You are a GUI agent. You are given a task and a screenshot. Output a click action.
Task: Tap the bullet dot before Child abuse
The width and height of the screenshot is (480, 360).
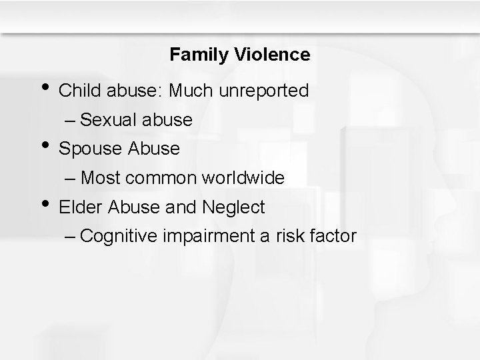[45, 87]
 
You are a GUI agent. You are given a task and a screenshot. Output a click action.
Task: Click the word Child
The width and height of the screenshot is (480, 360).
[79, 91]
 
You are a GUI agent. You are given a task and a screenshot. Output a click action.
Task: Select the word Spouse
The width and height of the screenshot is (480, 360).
[88, 149]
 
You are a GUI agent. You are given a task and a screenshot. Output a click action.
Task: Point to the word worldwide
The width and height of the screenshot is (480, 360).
[246, 178]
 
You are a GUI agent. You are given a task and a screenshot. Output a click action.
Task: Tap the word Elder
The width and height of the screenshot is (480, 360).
[79, 207]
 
